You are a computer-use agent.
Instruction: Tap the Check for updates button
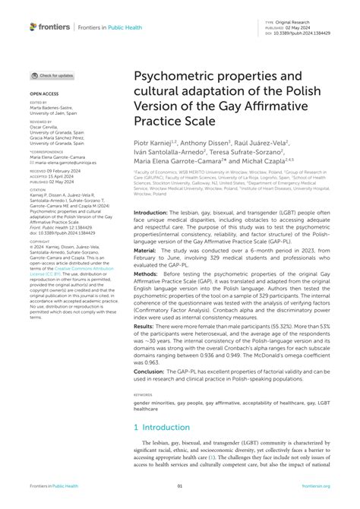[x=52, y=75]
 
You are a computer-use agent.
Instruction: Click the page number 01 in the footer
[x=180, y=485]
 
